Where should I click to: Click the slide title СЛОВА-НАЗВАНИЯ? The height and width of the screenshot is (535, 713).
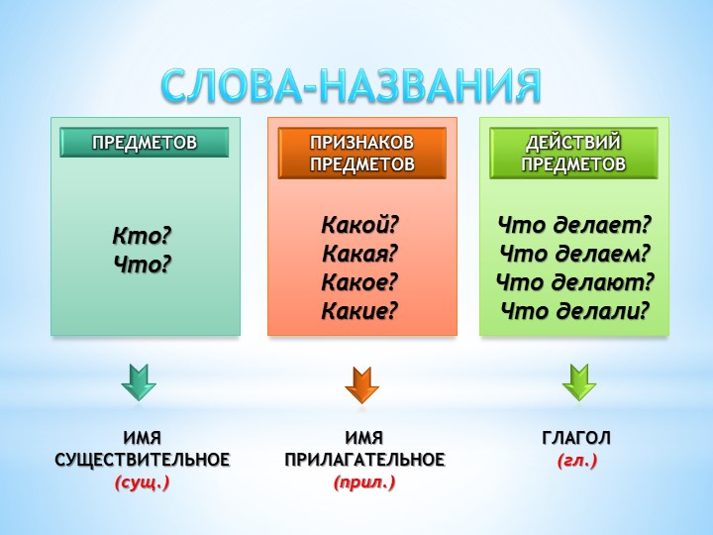coord(351,86)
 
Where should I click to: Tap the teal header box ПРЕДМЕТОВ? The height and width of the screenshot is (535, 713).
coord(145,143)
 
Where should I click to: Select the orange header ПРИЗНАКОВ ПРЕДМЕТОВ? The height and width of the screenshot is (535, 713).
coord(362,153)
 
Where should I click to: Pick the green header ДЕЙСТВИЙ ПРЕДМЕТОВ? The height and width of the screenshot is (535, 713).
coord(573,153)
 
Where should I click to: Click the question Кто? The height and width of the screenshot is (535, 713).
coord(142,236)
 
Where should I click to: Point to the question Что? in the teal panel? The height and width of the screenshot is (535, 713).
coord(143,265)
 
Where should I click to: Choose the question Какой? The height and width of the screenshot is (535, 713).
coord(360,225)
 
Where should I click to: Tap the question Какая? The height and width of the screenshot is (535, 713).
coord(360,254)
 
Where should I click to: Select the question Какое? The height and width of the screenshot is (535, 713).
coord(359,282)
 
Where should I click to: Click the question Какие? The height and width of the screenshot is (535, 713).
coord(359,311)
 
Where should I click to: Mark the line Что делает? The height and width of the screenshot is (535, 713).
coord(574,225)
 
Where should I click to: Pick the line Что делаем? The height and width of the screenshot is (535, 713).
coord(574,254)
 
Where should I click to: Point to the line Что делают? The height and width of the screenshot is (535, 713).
coord(574,282)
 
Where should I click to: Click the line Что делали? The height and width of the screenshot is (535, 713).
coord(574,311)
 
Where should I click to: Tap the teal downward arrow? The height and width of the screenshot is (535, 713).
coord(139,382)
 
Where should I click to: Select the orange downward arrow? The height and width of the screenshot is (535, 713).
coord(362,384)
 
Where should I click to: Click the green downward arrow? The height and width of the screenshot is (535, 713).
coord(579,382)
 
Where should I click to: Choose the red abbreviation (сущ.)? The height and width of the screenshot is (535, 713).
coord(143,482)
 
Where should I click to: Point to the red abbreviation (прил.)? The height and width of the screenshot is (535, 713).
coord(364,482)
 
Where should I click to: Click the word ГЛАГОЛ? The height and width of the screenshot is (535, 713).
coord(576,438)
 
